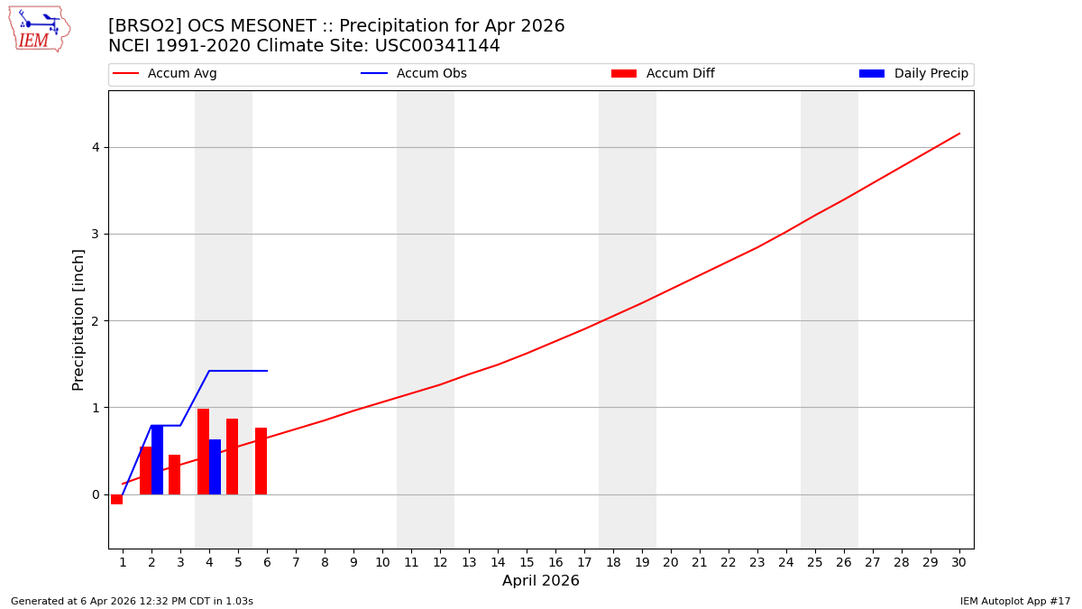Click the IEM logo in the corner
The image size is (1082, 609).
point(39,29)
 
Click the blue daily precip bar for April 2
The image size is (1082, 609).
point(157,460)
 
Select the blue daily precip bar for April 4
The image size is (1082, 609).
point(215,467)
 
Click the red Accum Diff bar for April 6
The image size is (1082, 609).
point(261,461)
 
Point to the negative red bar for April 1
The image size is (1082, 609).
point(116,499)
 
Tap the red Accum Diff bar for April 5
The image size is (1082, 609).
point(232,457)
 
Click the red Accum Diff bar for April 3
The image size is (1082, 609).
point(174,475)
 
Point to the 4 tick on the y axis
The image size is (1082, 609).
point(95,148)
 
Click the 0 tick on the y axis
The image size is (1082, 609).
point(95,494)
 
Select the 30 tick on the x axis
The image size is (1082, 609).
point(958,562)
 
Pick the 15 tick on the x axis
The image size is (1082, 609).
point(527,562)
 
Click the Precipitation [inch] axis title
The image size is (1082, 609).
point(78,319)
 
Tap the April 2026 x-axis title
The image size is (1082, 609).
point(541,581)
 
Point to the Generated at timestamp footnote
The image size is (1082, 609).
point(132,601)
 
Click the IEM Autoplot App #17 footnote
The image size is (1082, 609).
point(1015,601)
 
